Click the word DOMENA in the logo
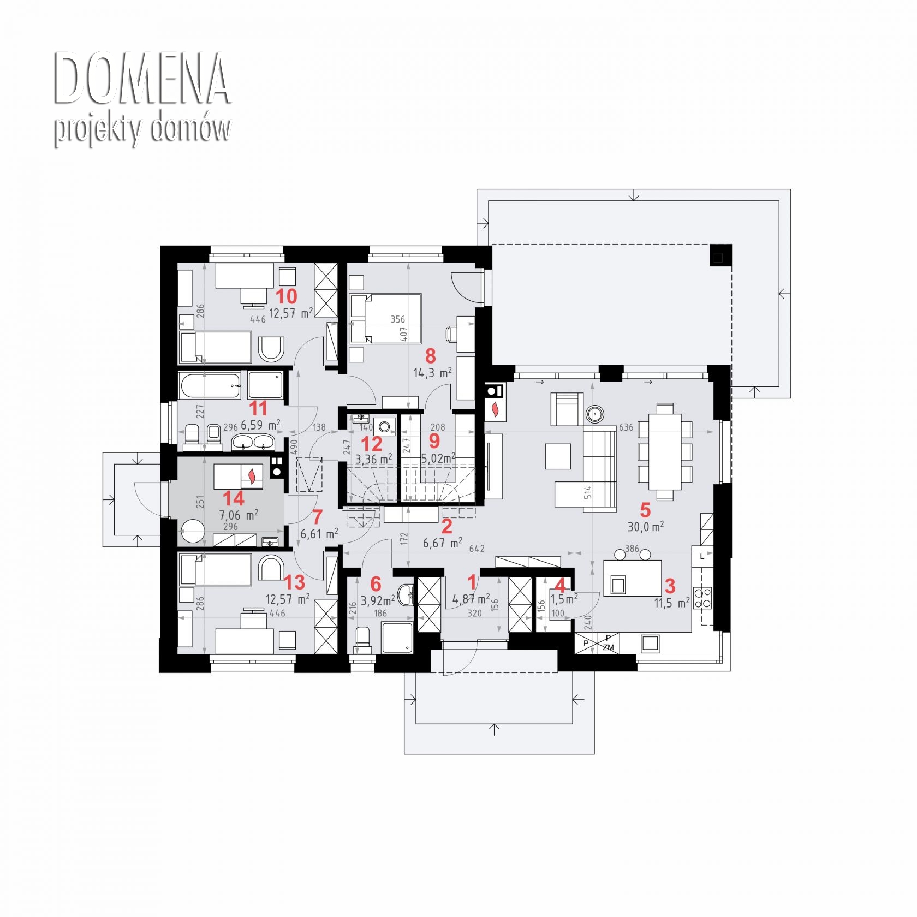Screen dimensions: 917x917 pos(142,79)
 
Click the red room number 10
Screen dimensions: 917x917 pos(287,296)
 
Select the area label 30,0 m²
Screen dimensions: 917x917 pos(645,527)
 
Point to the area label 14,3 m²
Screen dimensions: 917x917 pos(432,373)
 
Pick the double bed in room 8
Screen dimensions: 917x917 pos(385,319)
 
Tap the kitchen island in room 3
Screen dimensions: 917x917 pos(632,578)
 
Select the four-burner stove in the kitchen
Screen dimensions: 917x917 pos(702,597)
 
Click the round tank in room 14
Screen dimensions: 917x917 pos(193,531)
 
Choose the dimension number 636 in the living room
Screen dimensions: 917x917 pos(626,427)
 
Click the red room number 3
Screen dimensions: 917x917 pos(670,586)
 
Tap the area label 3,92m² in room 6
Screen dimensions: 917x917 pos(378,600)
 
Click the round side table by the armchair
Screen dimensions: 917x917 pos(594,414)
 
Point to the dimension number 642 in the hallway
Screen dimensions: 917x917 pos(477,549)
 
